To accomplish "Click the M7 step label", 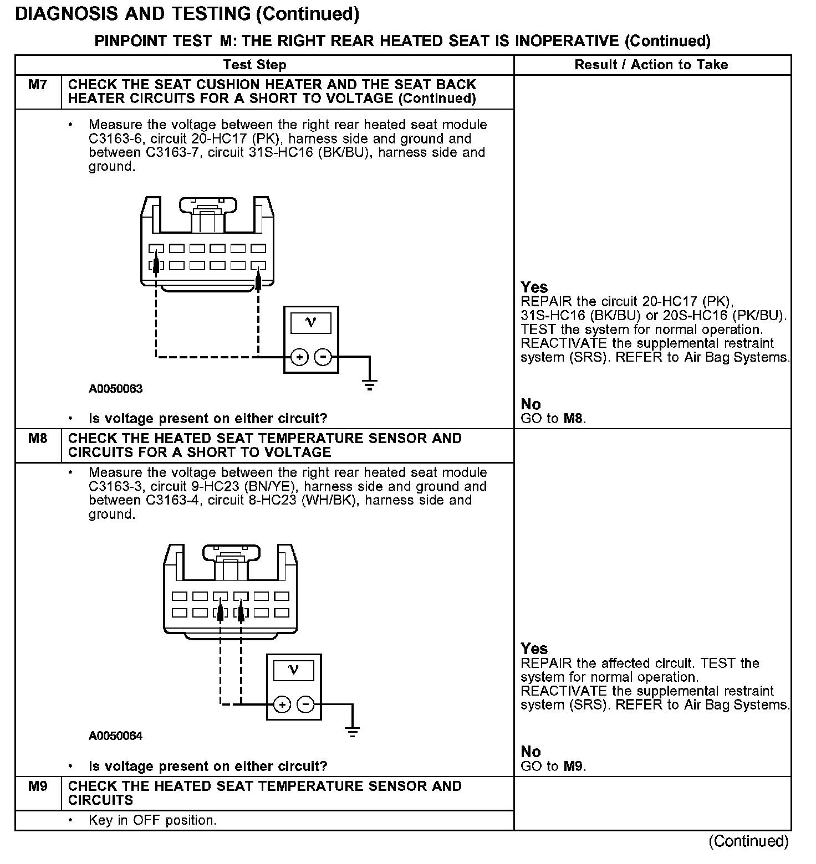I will click(38, 85).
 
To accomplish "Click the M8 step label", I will click(38, 439).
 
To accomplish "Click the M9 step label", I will click(38, 786).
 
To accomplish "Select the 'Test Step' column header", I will click(254, 65).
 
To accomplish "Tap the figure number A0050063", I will click(115, 389).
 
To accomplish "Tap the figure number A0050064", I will click(115, 736).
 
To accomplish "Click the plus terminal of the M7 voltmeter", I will click(299, 358).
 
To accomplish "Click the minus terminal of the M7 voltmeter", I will click(322, 358).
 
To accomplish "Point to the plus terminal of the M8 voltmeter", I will click(282, 705).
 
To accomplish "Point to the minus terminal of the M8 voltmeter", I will click(305, 705).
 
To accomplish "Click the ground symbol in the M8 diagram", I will click(352, 732).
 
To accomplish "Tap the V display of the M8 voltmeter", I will click(294, 671).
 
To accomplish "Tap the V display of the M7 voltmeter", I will click(311, 323).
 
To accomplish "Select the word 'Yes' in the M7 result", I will click(534, 287).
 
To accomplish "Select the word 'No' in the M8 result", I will click(531, 752).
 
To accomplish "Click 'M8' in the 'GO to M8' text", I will click(573, 419).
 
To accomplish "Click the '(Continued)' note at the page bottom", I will click(748, 841).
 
